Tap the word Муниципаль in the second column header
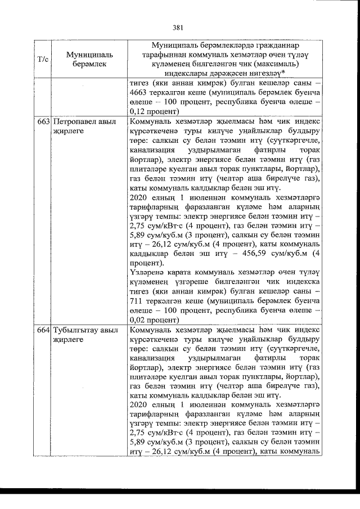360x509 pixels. [89, 55]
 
